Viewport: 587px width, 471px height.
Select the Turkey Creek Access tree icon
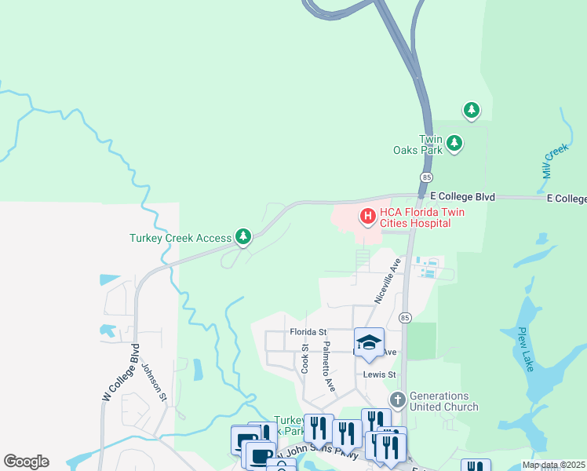[243, 236]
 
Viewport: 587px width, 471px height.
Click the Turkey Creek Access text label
[180, 238]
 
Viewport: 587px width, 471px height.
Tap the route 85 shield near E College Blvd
[425, 177]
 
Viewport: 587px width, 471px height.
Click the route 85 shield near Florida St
[405, 317]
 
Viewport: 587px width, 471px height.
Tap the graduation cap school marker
[369, 342]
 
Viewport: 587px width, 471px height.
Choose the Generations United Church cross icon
[398, 401]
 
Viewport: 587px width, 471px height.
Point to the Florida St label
[306, 332]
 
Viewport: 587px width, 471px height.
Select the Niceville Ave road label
[388, 280]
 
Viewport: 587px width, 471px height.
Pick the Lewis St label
[379, 374]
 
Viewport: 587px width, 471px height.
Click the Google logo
[26, 462]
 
